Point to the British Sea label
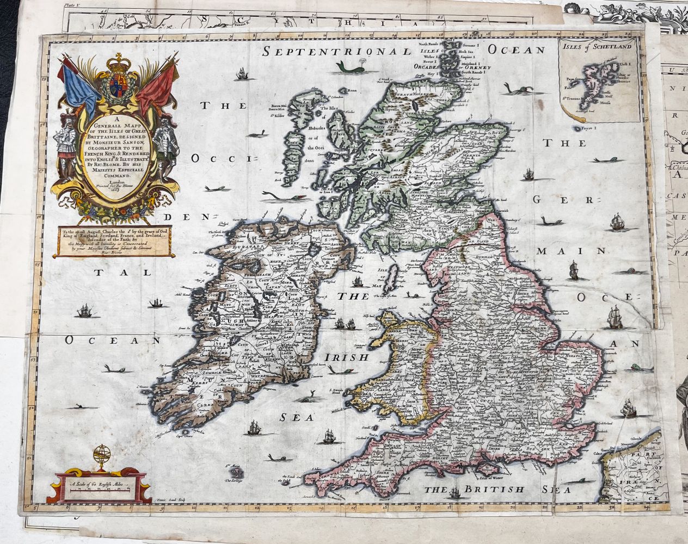(x=474, y=490)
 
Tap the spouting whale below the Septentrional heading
(x=346, y=66)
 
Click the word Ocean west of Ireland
(x=112, y=341)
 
